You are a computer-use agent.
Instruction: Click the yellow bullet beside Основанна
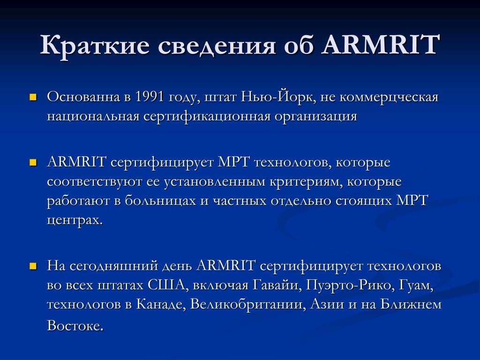(x=33, y=98)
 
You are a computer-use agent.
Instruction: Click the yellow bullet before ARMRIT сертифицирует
(x=33, y=163)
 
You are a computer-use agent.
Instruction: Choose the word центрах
(x=74, y=219)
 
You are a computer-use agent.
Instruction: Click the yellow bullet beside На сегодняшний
(x=33, y=266)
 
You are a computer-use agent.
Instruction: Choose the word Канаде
(x=157, y=304)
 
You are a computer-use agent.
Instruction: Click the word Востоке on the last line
(x=75, y=325)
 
